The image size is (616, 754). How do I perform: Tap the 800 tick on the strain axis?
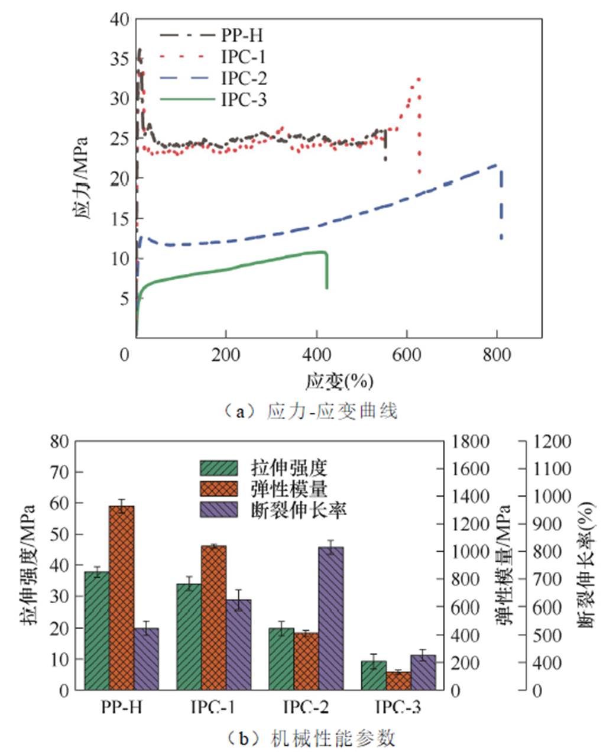tap(496, 355)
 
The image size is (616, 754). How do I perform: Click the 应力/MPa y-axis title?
tap(82, 178)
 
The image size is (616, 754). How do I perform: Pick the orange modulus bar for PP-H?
tap(121, 597)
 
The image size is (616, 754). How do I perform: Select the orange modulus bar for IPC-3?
tap(398, 681)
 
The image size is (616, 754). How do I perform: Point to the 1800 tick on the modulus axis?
tap(471, 442)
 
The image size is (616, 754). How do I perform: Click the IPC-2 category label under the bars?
tap(306, 707)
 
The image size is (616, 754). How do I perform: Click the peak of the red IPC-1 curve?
tap(419, 78)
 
